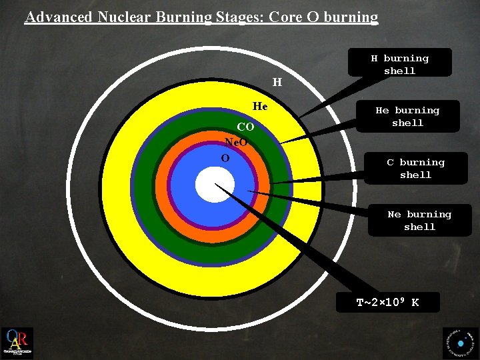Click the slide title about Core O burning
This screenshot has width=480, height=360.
pos(201,17)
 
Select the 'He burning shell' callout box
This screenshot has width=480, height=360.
pos(407,116)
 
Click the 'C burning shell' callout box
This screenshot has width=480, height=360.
pos(415,168)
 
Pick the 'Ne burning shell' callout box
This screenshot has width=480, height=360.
pos(419,220)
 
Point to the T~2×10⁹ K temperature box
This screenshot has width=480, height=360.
pos(387,302)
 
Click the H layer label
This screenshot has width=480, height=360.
pos(277,83)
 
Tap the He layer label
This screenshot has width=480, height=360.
pos(260,106)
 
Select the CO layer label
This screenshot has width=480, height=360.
pos(245,127)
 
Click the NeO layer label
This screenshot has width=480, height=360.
pos(237,142)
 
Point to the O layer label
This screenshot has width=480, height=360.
pos(225,158)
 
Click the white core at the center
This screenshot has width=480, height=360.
pos(215,185)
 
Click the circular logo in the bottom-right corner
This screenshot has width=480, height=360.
pos(460,343)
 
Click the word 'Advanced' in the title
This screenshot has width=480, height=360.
pos(59,17)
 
